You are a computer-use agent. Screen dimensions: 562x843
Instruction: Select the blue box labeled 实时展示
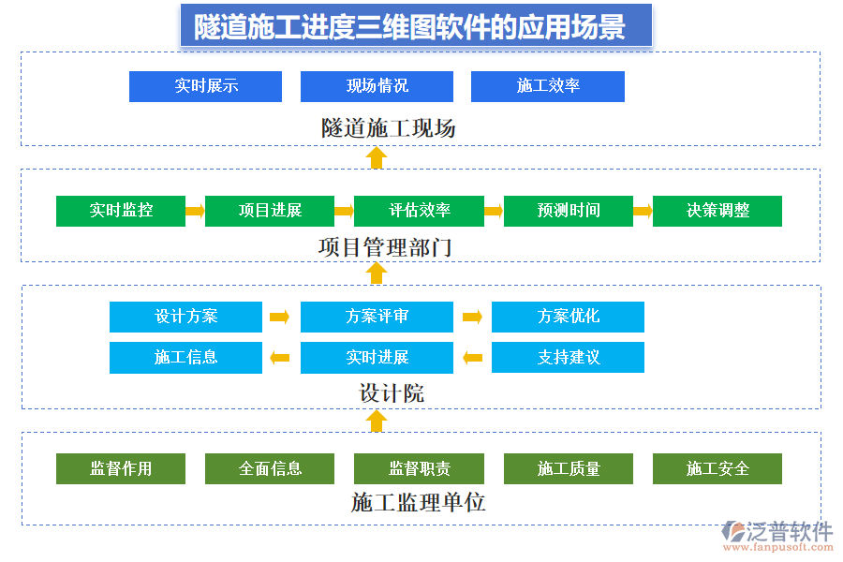tap(205, 86)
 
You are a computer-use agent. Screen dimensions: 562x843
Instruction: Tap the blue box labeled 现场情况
tap(377, 86)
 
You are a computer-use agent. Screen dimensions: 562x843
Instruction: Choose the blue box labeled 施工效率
tap(548, 86)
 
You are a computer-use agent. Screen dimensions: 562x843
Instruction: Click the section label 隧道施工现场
tap(389, 128)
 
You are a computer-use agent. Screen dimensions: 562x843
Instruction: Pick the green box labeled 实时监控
tap(121, 211)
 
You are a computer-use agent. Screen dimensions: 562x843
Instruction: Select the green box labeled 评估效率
tap(419, 211)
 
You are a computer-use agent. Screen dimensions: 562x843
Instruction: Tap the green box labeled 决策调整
tap(717, 211)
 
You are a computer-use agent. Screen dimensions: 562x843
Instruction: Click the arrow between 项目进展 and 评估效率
tap(344, 211)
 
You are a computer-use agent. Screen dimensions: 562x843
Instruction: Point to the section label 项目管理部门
tap(385, 248)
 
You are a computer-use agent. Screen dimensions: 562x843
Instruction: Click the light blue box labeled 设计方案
tap(185, 317)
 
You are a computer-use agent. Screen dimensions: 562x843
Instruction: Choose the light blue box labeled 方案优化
tap(568, 317)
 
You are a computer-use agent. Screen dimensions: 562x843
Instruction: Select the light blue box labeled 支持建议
tap(568, 357)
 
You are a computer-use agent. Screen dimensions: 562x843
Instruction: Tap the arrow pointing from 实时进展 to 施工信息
tap(279, 357)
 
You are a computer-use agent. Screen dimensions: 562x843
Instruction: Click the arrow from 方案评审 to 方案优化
tap(472, 317)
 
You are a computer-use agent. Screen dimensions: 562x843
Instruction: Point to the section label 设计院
tap(392, 393)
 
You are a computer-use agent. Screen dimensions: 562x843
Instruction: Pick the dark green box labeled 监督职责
tap(419, 468)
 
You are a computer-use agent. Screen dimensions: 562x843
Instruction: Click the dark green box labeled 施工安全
tap(717, 468)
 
